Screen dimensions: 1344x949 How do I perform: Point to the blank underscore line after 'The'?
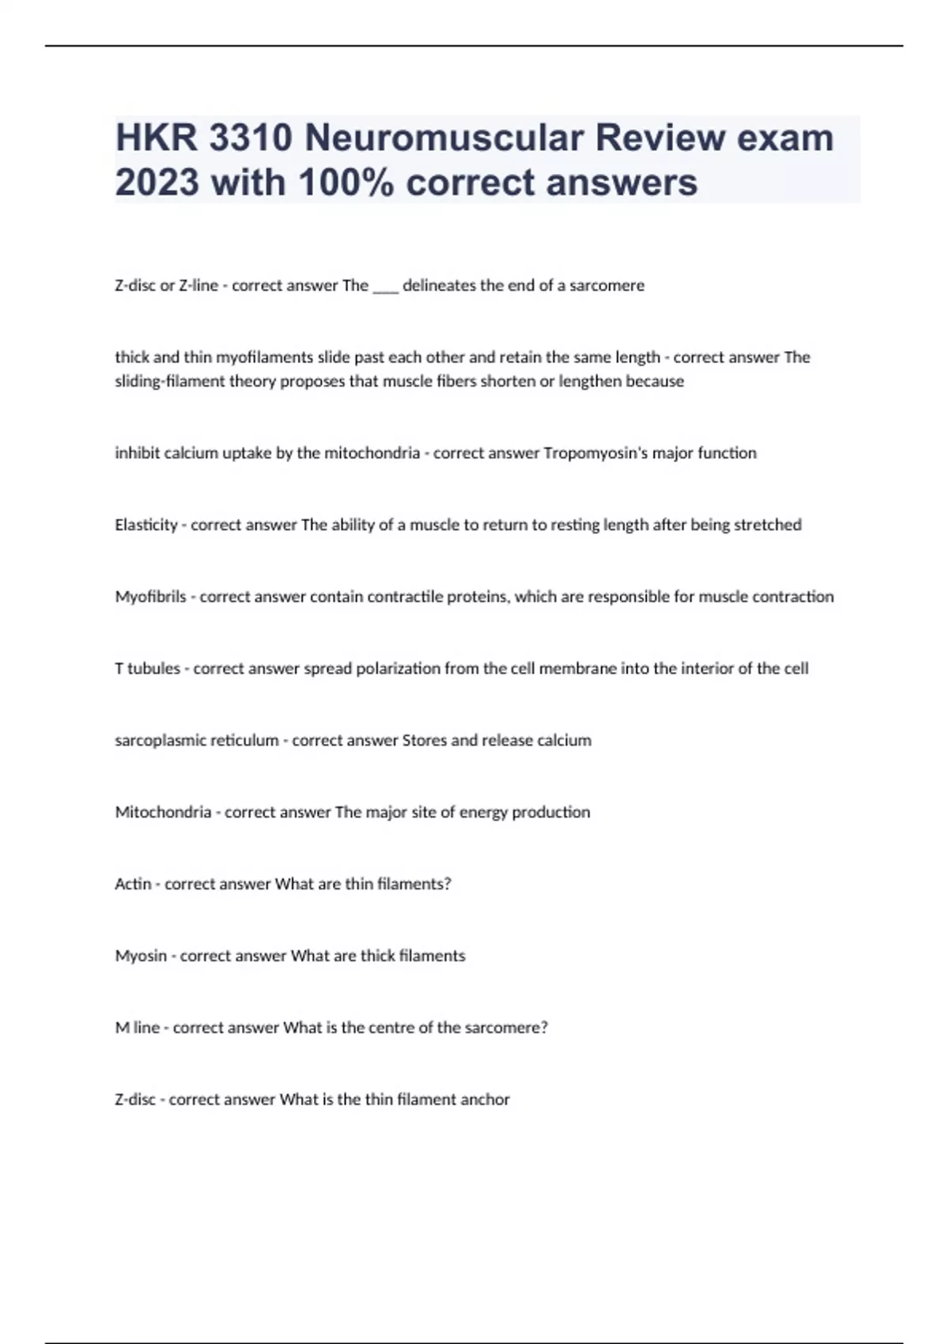point(385,286)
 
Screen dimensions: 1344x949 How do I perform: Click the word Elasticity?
point(146,525)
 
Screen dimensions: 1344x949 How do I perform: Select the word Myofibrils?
point(150,597)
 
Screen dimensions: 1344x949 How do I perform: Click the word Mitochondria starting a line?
point(163,812)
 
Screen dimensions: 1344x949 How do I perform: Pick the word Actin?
point(132,884)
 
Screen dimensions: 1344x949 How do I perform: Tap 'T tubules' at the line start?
point(147,669)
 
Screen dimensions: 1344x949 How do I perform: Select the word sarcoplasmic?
point(157,741)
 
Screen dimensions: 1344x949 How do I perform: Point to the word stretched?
point(767,525)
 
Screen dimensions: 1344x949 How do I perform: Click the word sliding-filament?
point(170,381)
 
